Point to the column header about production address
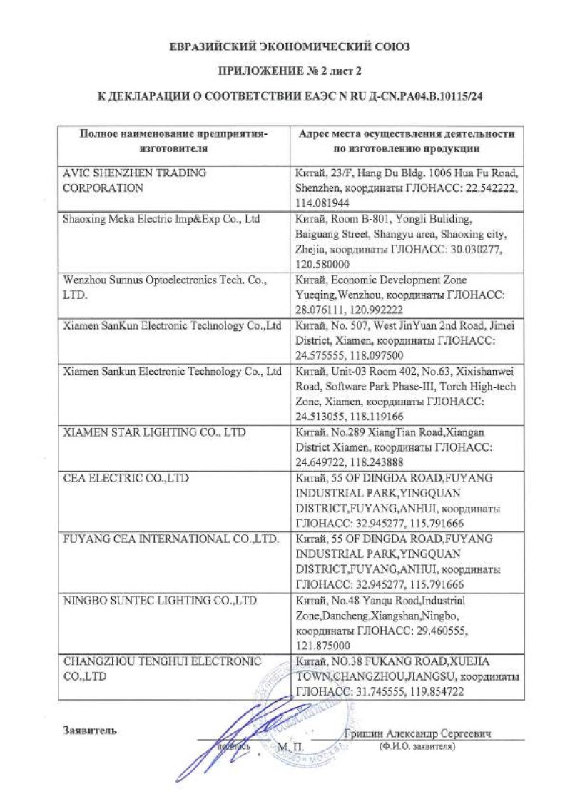(406, 141)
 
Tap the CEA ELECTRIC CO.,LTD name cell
(126, 478)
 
